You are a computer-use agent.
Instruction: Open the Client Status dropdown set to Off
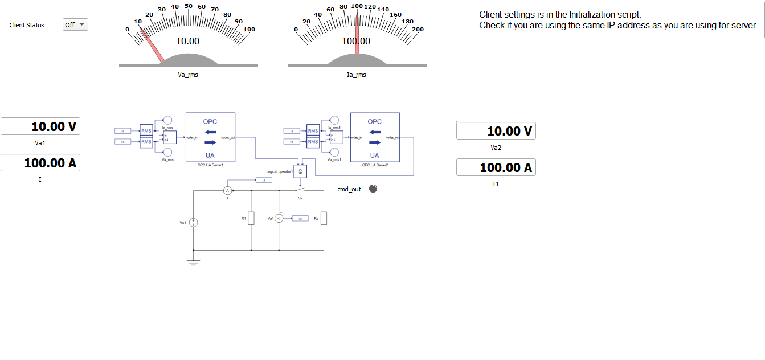pos(75,24)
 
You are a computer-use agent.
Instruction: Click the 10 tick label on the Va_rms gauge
pos(138,21)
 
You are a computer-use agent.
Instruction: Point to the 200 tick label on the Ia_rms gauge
pos(418,29)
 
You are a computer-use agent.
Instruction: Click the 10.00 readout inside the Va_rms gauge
pos(188,42)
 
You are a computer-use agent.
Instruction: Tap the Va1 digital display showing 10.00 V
pos(40,126)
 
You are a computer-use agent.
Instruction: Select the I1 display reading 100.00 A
pos(496,167)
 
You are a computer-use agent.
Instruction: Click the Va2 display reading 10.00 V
pos(496,131)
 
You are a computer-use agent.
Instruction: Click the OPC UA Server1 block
pos(211,137)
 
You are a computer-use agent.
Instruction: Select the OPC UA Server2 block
pos(375,137)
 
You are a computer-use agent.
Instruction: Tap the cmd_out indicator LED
pos(373,189)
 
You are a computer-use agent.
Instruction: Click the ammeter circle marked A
pos(227,190)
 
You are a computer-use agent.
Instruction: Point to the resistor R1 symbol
pos(251,218)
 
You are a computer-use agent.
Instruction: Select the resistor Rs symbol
pos(324,218)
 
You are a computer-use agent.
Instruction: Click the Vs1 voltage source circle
pos(194,223)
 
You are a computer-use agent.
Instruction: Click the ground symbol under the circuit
pos(194,262)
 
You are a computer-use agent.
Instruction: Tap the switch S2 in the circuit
pos(300,190)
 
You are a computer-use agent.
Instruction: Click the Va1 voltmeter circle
pos(279,218)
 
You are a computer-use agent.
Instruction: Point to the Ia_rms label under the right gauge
pos(357,75)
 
